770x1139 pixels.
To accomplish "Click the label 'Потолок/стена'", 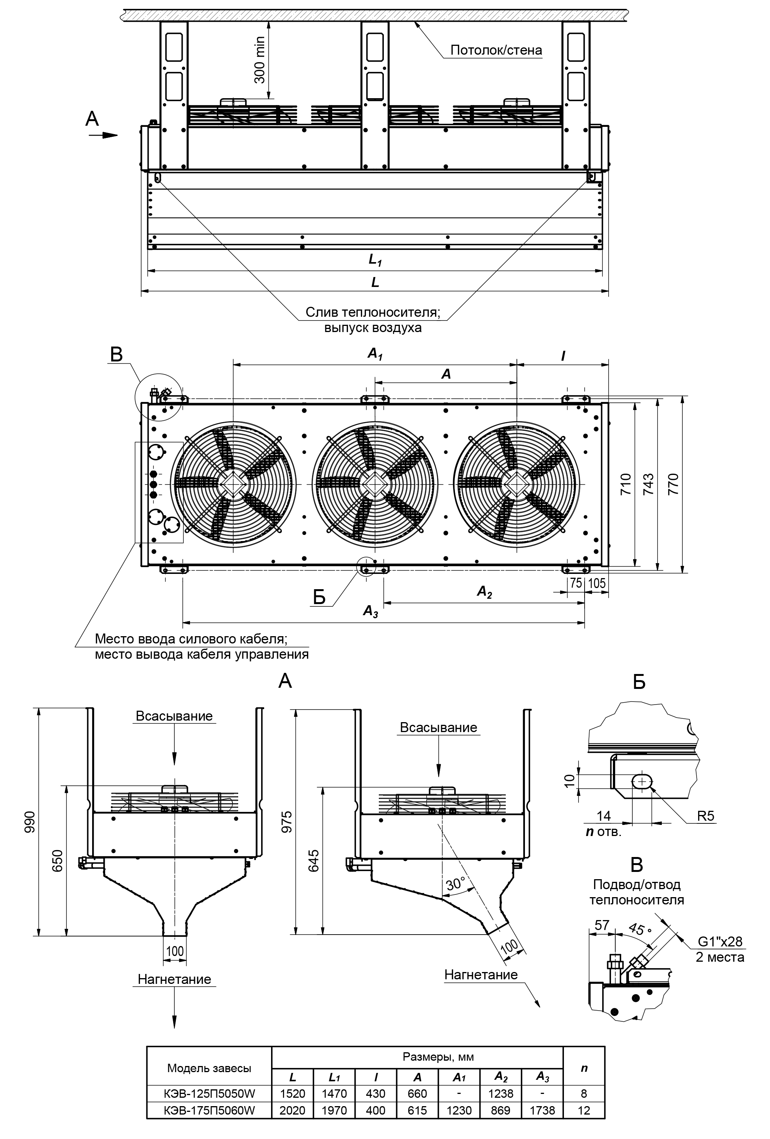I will pyautogui.click(x=496, y=50).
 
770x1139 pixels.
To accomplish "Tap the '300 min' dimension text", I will pyautogui.click(x=260, y=60).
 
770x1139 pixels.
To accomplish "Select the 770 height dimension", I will pyautogui.click(x=673, y=484).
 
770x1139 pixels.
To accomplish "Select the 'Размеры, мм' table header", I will pyautogui.click(x=438, y=1057).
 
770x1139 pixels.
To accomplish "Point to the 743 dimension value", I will pyautogui.click(x=648, y=484).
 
